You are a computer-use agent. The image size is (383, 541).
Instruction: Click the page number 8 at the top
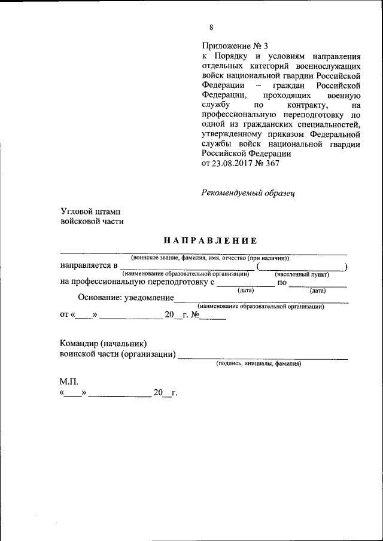tap(211, 27)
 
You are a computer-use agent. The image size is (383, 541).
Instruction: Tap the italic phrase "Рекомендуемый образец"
tap(247, 192)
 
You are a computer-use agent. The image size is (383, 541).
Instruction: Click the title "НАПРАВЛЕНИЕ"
tap(210, 240)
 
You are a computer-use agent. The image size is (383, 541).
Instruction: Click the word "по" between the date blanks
tap(282, 283)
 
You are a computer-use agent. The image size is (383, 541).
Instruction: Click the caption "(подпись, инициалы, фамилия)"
tap(259, 363)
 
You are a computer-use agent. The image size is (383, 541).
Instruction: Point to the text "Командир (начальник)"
tap(104, 344)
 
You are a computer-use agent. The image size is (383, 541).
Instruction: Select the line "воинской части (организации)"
tap(118, 355)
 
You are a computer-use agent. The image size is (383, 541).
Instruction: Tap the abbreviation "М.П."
tap(69, 381)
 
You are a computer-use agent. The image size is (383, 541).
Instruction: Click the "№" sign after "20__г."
tap(195, 314)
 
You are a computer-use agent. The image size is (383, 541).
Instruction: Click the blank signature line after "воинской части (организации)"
tap(263, 357)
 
